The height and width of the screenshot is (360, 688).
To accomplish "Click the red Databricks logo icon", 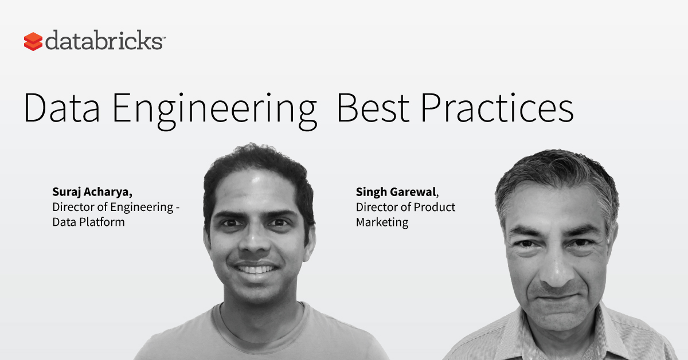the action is point(33,41).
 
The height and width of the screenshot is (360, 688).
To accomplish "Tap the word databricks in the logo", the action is point(104,40).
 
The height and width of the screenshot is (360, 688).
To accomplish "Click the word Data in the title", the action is point(62,108).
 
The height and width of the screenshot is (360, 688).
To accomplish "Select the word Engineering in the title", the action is point(214,111).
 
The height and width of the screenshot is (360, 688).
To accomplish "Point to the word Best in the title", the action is point(373,108).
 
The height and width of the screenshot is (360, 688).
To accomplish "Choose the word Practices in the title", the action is point(497,108).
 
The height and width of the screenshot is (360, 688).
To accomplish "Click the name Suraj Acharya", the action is point(92,192).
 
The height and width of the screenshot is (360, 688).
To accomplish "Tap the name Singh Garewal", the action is point(397,192).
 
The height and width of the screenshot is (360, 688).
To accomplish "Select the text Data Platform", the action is point(88,222).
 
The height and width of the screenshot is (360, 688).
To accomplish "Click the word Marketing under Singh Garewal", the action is point(382,222).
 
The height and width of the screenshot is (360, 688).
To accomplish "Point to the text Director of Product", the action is point(405,207).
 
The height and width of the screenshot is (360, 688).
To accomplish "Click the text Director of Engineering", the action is point(113,208).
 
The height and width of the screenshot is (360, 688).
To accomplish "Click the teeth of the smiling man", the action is point(256,269).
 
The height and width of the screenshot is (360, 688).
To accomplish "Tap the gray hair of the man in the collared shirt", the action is point(556,175).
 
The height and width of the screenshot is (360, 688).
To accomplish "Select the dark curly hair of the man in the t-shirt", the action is point(258,166).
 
